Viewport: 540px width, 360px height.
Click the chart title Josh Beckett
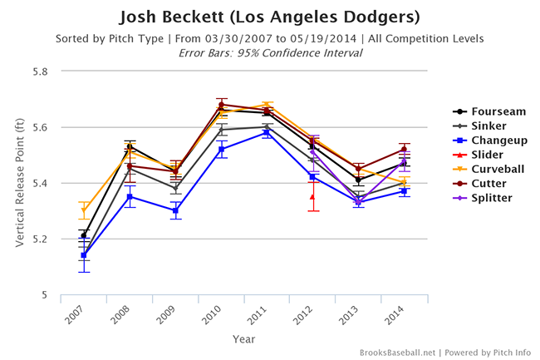tap(269, 17)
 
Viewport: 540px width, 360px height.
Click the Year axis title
tap(244, 339)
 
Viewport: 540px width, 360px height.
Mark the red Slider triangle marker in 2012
tap(312, 196)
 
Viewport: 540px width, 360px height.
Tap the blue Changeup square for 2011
tap(267, 132)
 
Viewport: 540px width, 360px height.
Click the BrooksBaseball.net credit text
tap(399, 353)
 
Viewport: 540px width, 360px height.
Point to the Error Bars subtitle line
tap(269, 52)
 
